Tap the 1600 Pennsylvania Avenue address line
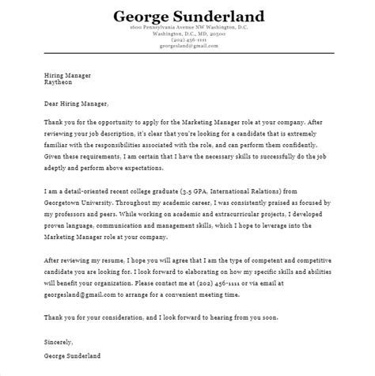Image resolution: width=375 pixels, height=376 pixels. [187, 28]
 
